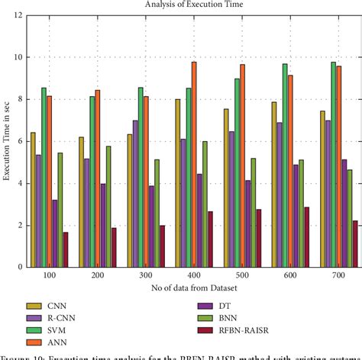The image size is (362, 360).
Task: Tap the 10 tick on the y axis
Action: point(17,57)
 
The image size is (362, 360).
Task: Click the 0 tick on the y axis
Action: point(18,267)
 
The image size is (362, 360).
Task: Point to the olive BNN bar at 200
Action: point(108,206)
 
